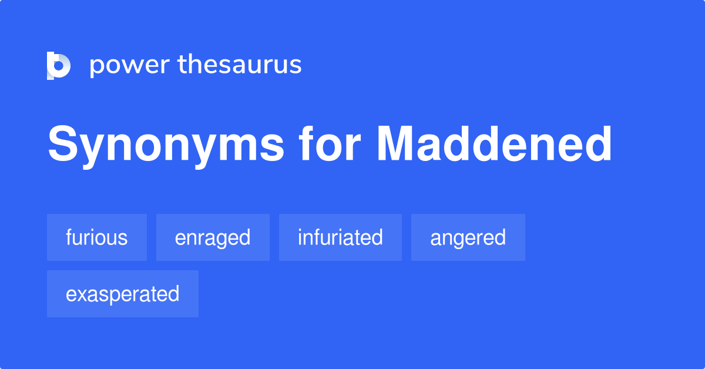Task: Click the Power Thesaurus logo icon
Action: [x=59, y=65]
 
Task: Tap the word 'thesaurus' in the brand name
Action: [x=240, y=65]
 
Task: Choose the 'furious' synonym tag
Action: [x=97, y=237]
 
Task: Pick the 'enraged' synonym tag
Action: [x=213, y=237]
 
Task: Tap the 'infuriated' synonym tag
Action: [x=340, y=237]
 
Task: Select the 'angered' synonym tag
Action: [x=468, y=237]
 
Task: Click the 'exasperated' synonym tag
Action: [x=122, y=294]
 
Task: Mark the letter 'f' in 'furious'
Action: [x=69, y=237]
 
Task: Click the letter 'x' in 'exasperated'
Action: [x=81, y=294]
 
